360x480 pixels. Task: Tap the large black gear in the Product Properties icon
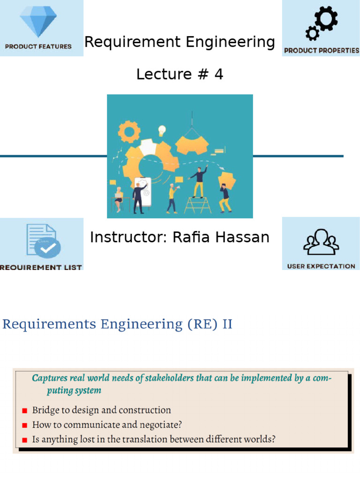point(326,18)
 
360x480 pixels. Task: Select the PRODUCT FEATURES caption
point(38,46)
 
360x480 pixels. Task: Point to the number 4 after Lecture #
point(218,74)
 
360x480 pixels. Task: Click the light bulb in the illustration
point(162,129)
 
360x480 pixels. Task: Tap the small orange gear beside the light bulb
point(128,131)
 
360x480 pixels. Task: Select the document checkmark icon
point(42,241)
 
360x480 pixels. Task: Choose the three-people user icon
point(321,242)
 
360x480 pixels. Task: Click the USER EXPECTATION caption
point(321,266)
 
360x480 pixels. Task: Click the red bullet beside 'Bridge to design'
point(24,411)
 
